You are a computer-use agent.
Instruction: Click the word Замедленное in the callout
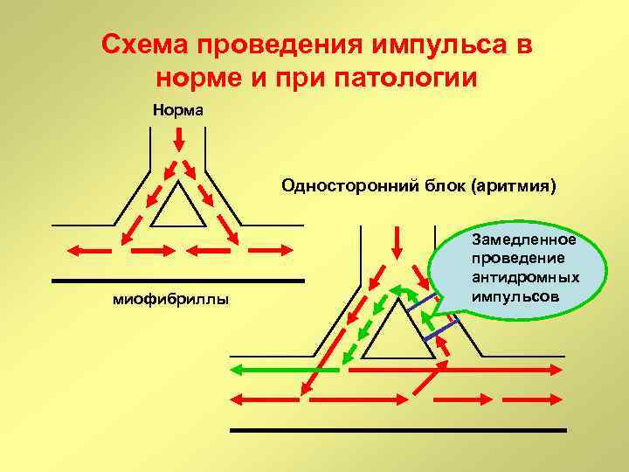(523, 239)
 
